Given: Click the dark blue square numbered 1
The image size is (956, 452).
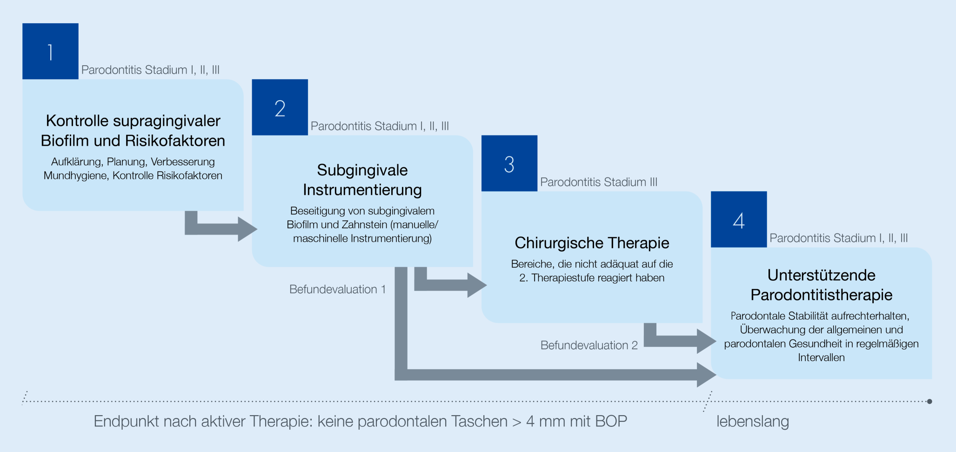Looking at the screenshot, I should click(x=50, y=51).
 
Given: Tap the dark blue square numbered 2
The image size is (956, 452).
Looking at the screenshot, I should click(x=280, y=107).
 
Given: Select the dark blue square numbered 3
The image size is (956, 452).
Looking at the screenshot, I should click(x=509, y=163).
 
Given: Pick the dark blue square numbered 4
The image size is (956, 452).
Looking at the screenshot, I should click(x=738, y=219).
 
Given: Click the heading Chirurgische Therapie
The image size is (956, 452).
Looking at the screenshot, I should click(x=592, y=243).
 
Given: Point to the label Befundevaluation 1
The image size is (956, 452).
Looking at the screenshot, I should click(x=337, y=290).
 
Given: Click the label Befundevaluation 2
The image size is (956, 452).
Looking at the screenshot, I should click(x=588, y=345).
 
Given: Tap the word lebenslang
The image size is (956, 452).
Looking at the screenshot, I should click(x=752, y=421).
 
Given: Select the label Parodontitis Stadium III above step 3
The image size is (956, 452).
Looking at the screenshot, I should click(x=598, y=182).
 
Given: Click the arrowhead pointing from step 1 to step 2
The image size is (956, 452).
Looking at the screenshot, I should click(x=247, y=229).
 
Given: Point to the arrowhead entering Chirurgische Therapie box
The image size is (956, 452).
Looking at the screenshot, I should click(x=477, y=285).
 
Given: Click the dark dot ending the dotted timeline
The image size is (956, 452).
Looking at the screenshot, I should click(x=929, y=401).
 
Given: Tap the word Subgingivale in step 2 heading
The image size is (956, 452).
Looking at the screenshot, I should click(x=362, y=170).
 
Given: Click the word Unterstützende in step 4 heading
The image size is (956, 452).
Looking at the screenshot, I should click(x=821, y=275).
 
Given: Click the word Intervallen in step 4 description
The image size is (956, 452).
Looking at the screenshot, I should click(x=821, y=358).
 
